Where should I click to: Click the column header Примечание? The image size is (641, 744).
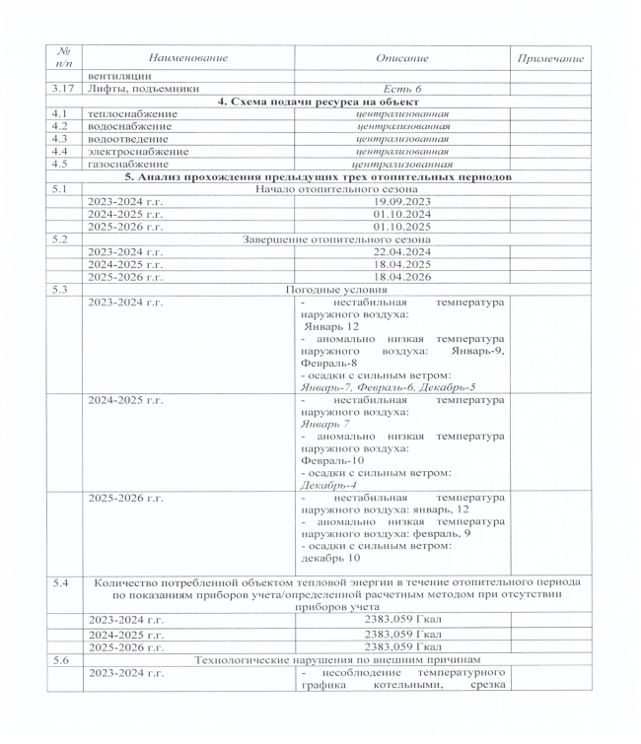click(x=550, y=60)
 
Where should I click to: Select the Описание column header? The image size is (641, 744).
click(x=402, y=60)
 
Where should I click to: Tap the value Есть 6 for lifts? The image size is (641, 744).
click(x=402, y=90)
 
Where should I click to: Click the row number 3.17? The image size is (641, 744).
click(x=67, y=90)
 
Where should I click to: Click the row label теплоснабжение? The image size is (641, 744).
click(x=133, y=115)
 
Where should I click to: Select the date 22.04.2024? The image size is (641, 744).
click(x=402, y=251)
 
